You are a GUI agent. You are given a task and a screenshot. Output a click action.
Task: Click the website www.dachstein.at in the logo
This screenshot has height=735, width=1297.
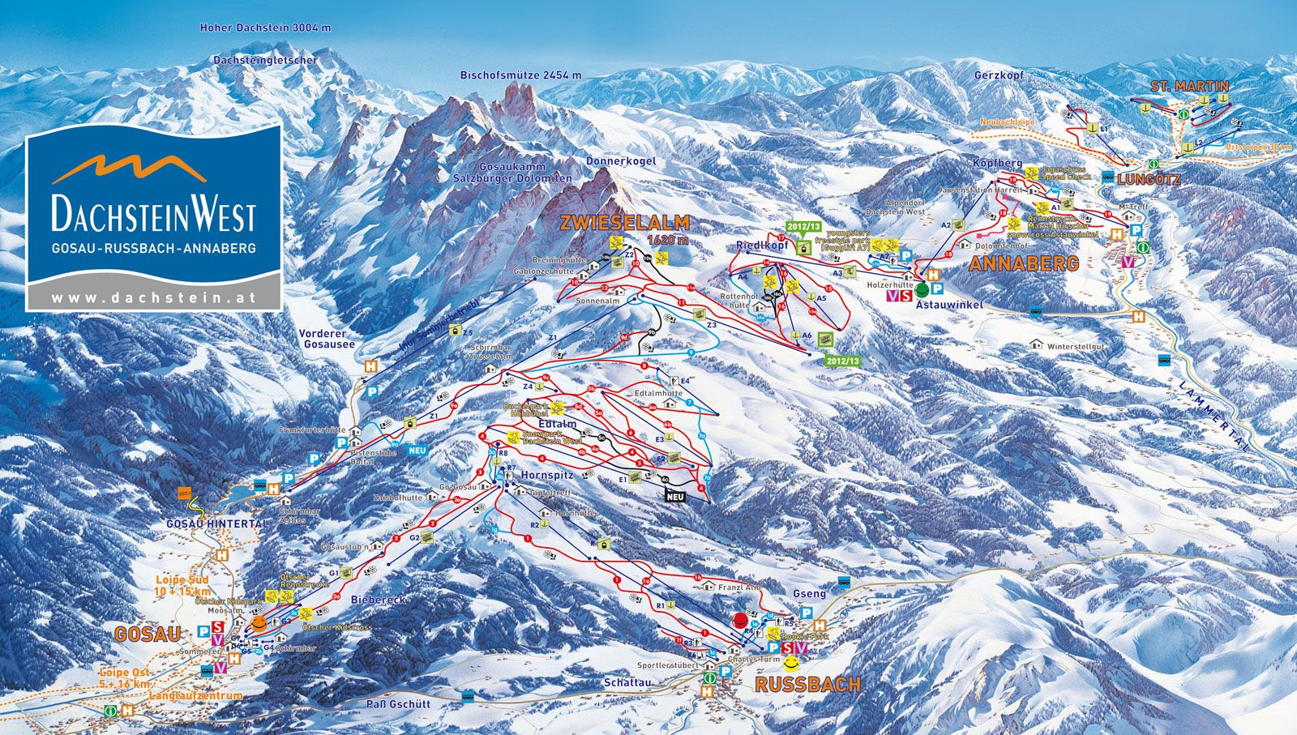tap(153, 297)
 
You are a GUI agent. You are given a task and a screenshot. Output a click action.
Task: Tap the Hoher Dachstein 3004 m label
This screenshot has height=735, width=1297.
tap(266, 28)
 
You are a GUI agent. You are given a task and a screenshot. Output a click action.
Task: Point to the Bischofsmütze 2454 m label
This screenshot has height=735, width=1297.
tap(520, 75)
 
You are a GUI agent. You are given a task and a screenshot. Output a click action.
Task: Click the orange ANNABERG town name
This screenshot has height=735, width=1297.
tap(1024, 263)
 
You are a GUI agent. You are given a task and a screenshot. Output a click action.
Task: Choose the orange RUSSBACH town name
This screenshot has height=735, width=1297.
tap(807, 685)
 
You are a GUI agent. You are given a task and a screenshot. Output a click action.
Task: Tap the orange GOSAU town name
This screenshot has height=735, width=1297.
tap(147, 634)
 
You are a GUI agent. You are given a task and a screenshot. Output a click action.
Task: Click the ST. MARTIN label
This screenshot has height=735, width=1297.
tap(1189, 86)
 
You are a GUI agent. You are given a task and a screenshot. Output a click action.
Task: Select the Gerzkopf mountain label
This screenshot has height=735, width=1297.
tap(1000, 75)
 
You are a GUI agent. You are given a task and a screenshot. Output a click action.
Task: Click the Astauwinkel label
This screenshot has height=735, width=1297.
tap(948, 305)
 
